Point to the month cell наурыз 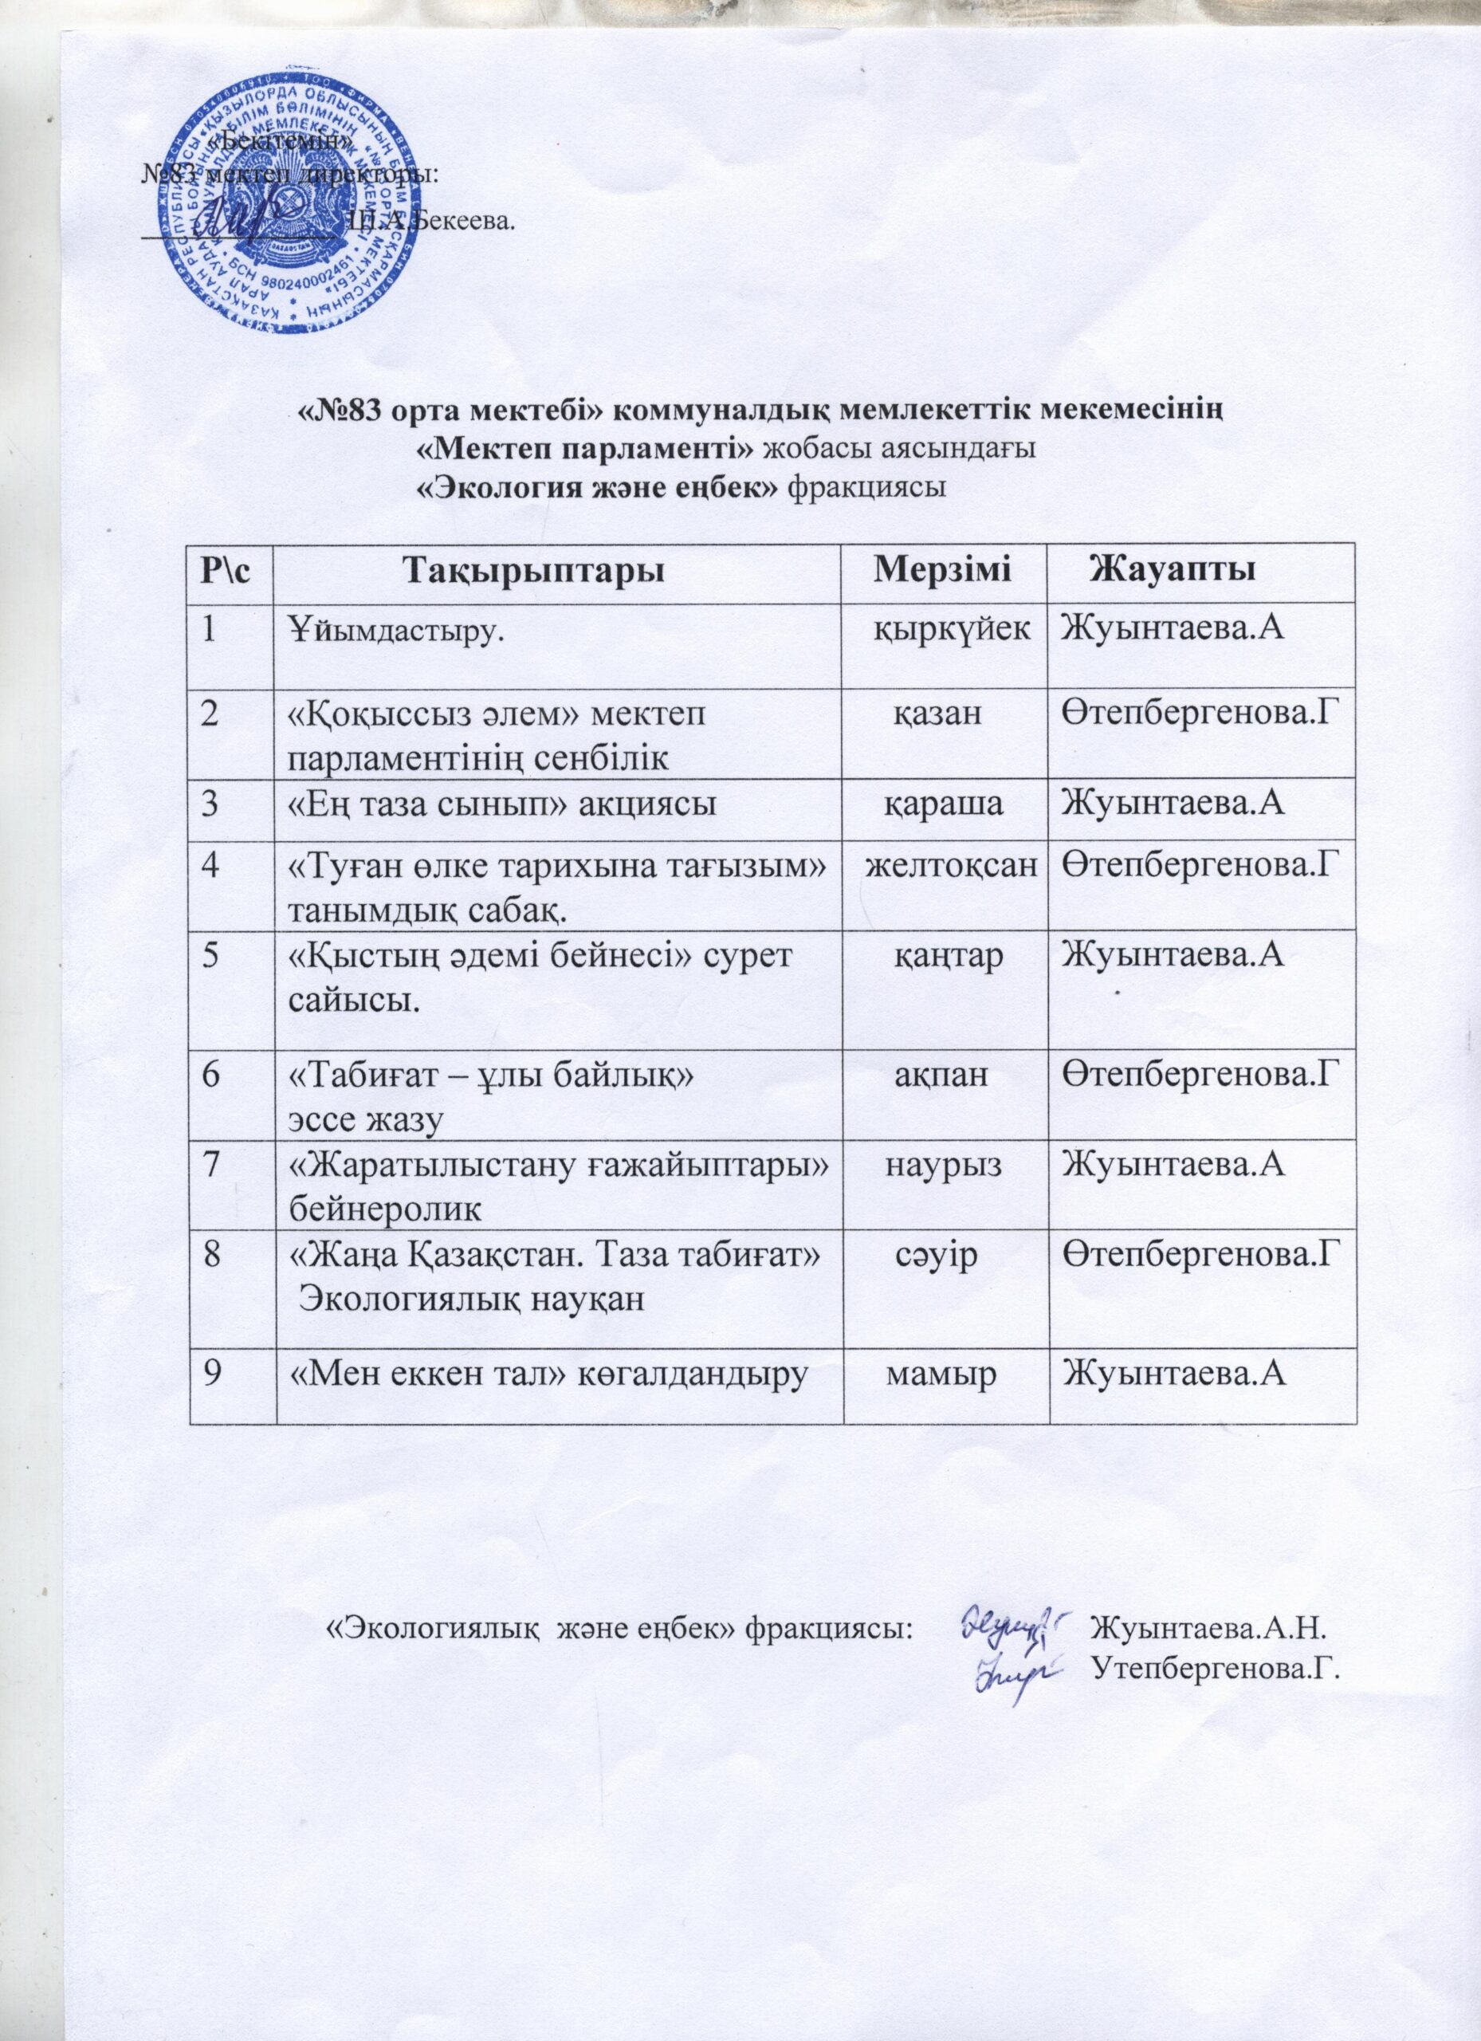tap(945, 1166)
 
